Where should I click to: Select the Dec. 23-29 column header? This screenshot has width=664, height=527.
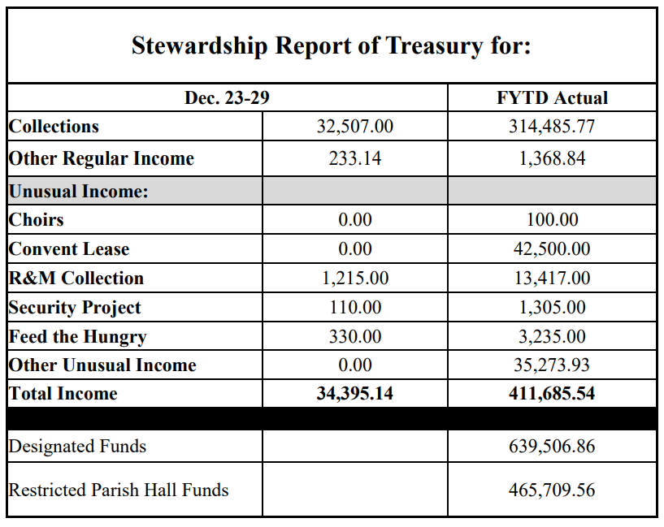coord(227,98)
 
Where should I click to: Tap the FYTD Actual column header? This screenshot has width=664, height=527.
coord(552,98)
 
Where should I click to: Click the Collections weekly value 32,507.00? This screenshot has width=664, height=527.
coord(354,127)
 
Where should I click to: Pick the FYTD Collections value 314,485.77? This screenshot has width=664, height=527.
coord(552,127)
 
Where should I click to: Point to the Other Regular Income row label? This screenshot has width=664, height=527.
coord(102,158)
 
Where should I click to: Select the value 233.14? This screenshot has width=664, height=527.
coord(354,158)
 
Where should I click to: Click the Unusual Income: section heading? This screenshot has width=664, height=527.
coord(78,192)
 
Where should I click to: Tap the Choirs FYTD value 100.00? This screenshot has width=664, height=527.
coord(552,220)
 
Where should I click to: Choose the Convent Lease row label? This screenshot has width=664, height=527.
coord(69,249)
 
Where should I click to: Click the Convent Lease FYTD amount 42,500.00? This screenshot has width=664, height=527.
coord(552,249)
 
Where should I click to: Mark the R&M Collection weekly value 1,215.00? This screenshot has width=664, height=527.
coord(354,279)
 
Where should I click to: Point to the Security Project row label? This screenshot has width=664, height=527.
coord(75,308)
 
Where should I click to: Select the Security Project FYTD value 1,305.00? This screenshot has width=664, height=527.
coord(552,308)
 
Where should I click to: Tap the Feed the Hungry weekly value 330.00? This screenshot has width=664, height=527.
coord(354,336)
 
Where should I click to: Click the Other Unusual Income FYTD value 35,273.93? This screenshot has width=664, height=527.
coord(552,365)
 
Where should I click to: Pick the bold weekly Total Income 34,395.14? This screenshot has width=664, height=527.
coord(354,394)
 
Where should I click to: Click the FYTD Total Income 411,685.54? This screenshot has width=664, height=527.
coord(552,394)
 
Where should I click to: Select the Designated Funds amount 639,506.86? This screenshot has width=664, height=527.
coord(552,446)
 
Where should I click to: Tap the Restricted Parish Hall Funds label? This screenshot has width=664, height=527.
coord(119,490)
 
